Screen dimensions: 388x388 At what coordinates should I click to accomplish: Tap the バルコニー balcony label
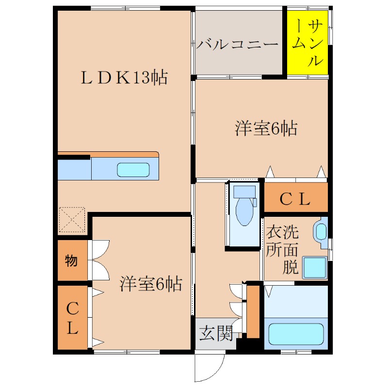coord(238,45)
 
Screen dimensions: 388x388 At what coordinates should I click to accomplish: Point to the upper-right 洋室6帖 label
coord(266,129)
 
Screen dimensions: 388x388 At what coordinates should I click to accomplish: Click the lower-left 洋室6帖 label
coord(151,284)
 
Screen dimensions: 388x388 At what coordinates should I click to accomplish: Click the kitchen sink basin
coord(133,170)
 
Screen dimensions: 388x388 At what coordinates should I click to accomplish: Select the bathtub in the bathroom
coord(296,333)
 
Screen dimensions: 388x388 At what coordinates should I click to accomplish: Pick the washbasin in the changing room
coord(321,231)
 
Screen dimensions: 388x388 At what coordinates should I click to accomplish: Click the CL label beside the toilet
coord(295,199)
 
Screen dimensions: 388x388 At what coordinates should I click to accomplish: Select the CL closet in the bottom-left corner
coord(72,318)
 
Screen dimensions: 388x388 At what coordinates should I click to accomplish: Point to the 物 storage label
coord(71,261)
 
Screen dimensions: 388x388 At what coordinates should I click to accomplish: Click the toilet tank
coord(244,191)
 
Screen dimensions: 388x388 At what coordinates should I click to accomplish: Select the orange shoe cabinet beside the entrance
coord(253,311)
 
